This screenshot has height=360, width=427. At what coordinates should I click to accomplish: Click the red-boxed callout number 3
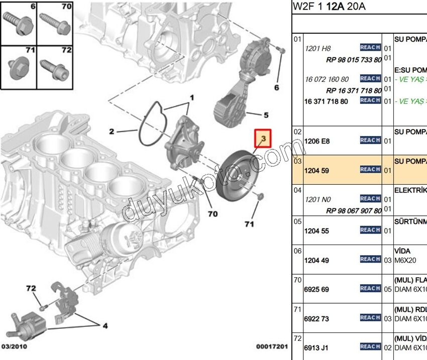click(262, 138)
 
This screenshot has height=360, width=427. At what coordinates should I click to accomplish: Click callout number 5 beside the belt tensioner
click(266, 114)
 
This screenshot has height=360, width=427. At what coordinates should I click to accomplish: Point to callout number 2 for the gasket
click(113, 132)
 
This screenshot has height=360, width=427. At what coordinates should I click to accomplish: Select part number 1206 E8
click(317, 142)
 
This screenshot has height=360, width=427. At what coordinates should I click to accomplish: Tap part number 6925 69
click(317, 290)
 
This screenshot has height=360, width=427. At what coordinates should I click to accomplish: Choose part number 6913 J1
click(317, 347)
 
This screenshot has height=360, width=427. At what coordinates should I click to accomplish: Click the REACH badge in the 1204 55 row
click(370, 230)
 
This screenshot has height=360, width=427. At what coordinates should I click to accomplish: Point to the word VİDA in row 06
click(402, 250)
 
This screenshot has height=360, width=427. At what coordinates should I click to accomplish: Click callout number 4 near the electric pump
click(104, 326)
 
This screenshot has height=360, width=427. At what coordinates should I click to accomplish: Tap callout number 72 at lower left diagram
click(31, 288)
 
